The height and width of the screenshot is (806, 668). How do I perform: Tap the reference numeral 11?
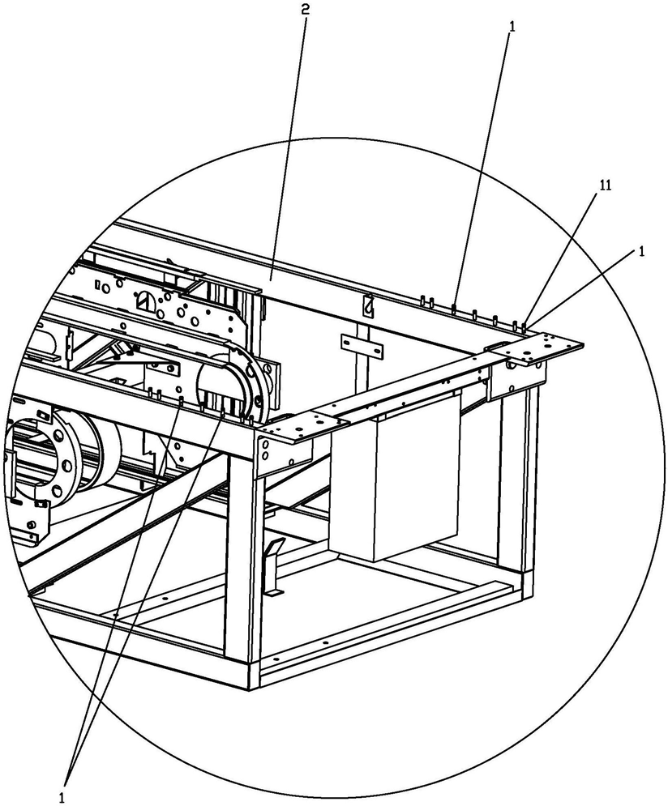tap(605, 186)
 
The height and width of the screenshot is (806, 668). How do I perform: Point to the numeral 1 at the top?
tap(511, 26)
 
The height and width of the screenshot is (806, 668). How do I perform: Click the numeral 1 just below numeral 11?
tap(641, 251)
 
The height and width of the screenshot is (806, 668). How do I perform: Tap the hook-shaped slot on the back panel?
tap(367, 307)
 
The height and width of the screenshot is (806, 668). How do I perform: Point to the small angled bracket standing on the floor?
tap(273, 567)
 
